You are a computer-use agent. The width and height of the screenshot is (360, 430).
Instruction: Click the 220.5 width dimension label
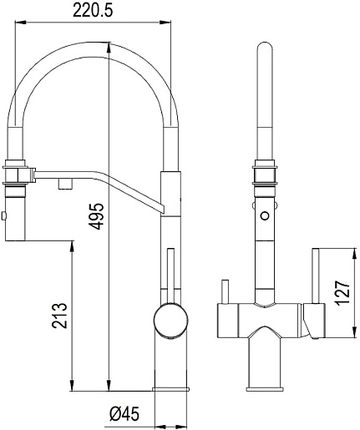tap(93, 11)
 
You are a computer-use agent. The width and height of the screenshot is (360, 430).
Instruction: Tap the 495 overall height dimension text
tap(98, 216)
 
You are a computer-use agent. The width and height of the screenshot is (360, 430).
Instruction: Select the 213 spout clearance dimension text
tap(59, 316)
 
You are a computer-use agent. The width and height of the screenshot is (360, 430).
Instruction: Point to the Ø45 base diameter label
tap(124, 415)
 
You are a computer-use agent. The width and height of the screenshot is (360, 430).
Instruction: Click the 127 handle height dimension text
tap(342, 293)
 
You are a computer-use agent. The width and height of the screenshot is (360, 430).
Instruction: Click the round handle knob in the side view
tap(170, 321)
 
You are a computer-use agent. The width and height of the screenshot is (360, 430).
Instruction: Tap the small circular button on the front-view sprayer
tap(265, 215)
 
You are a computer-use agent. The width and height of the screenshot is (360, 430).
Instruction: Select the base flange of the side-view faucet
tap(170, 388)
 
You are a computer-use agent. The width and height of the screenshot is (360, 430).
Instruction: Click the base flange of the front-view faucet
tap(265, 388)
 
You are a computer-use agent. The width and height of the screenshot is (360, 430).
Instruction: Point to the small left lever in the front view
tap(225, 291)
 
